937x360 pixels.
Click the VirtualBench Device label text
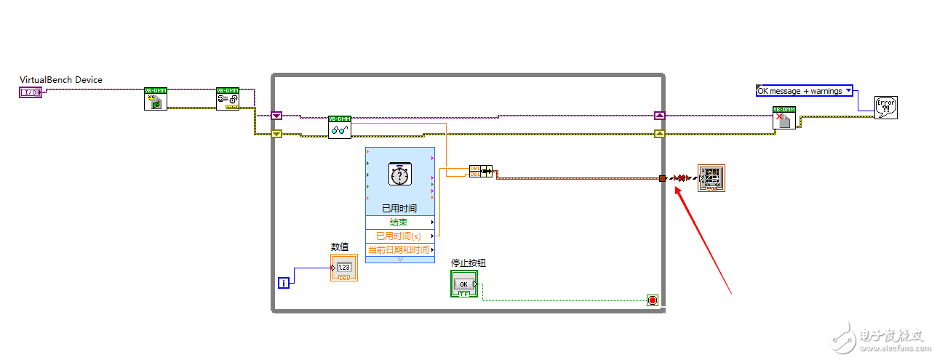(61, 80)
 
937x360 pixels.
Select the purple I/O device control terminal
(30, 92)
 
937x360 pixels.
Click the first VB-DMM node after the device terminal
(155, 99)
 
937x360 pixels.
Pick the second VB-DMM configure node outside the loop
(227, 99)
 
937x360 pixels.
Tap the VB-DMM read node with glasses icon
(339, 127)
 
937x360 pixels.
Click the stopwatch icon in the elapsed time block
(399, 175)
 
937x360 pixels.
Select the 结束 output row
(399, 222)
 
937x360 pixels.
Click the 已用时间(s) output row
(399, 236)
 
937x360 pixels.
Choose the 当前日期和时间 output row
(399, 249)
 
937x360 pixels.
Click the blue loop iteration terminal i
(284, 282)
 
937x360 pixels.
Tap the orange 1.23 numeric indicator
(344, 268)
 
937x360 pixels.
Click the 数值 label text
(340, 247)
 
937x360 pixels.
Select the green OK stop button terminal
(463, 284)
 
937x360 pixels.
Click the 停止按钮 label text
(468, 263)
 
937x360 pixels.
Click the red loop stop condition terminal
(652, 300)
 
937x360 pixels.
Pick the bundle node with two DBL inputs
(480, 172)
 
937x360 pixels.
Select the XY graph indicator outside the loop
(711, 178)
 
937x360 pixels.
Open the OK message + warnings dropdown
(805, 91)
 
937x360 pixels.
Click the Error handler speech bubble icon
(886, 108)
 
